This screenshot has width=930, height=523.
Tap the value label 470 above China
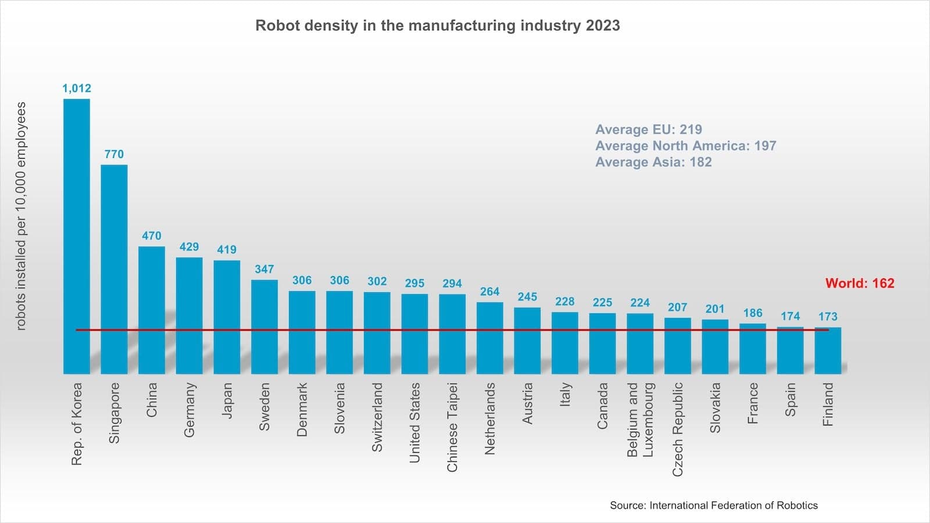point(152,236)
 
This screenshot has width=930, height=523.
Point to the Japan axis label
point(227,400)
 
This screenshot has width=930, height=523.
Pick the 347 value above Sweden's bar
point(264,269)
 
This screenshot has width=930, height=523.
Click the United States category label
point(414,422)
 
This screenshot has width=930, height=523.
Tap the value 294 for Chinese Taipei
point(452,284)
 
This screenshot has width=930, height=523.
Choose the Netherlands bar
point(489,338)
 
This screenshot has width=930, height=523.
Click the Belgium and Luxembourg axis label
point(640,419)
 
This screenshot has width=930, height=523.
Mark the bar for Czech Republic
point(677,345)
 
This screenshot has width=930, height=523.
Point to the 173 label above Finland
point(828,317)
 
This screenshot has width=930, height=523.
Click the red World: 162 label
point(859,284)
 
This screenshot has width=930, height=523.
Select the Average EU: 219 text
point(648,130)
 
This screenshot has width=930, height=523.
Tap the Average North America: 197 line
point(685,146)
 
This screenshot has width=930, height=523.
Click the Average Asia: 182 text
point(653,162)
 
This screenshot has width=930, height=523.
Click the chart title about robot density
point(437,26)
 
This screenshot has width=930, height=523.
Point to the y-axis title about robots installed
point(22,216)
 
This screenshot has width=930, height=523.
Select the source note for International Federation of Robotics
point(713,506)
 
